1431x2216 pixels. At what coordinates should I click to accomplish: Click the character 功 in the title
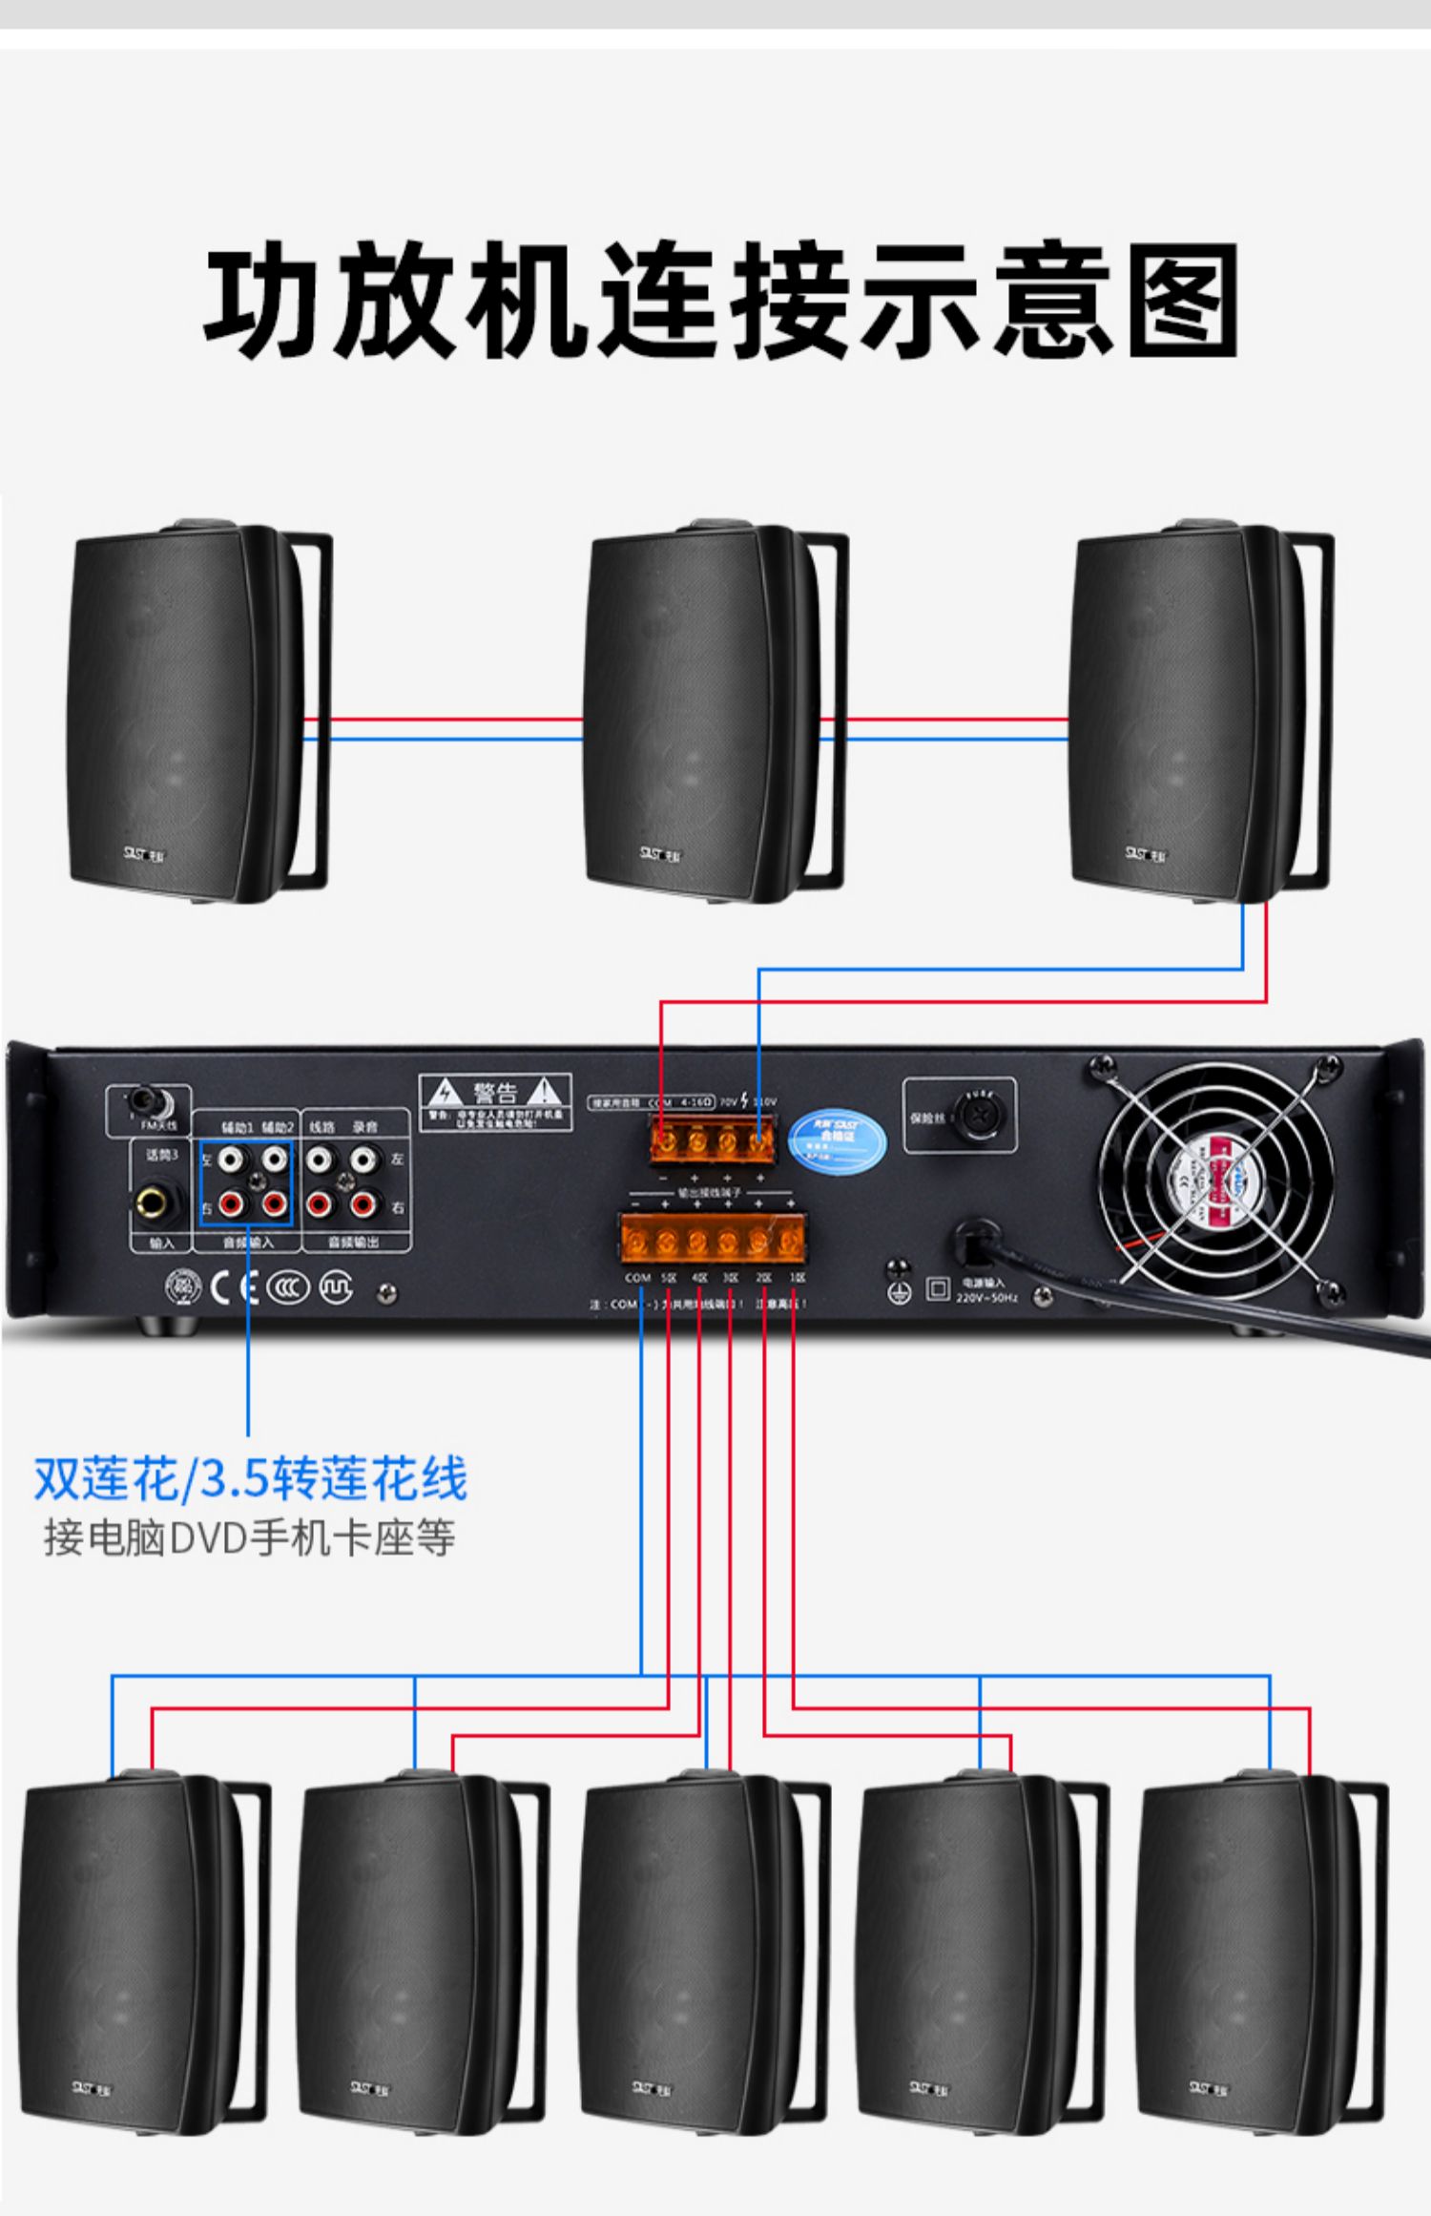(259, 298)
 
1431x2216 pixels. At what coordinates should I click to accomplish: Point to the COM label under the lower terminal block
(637, 1277)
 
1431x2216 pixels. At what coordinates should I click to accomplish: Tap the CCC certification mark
(288, 1288)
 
